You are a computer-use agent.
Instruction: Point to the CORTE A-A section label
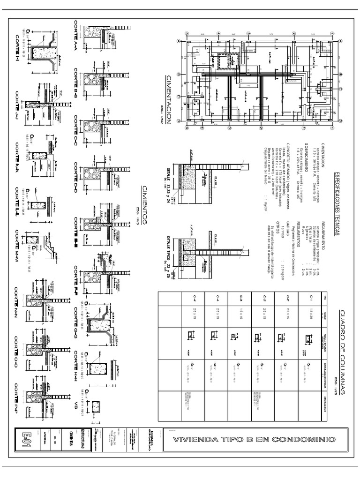coord(76,38)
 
